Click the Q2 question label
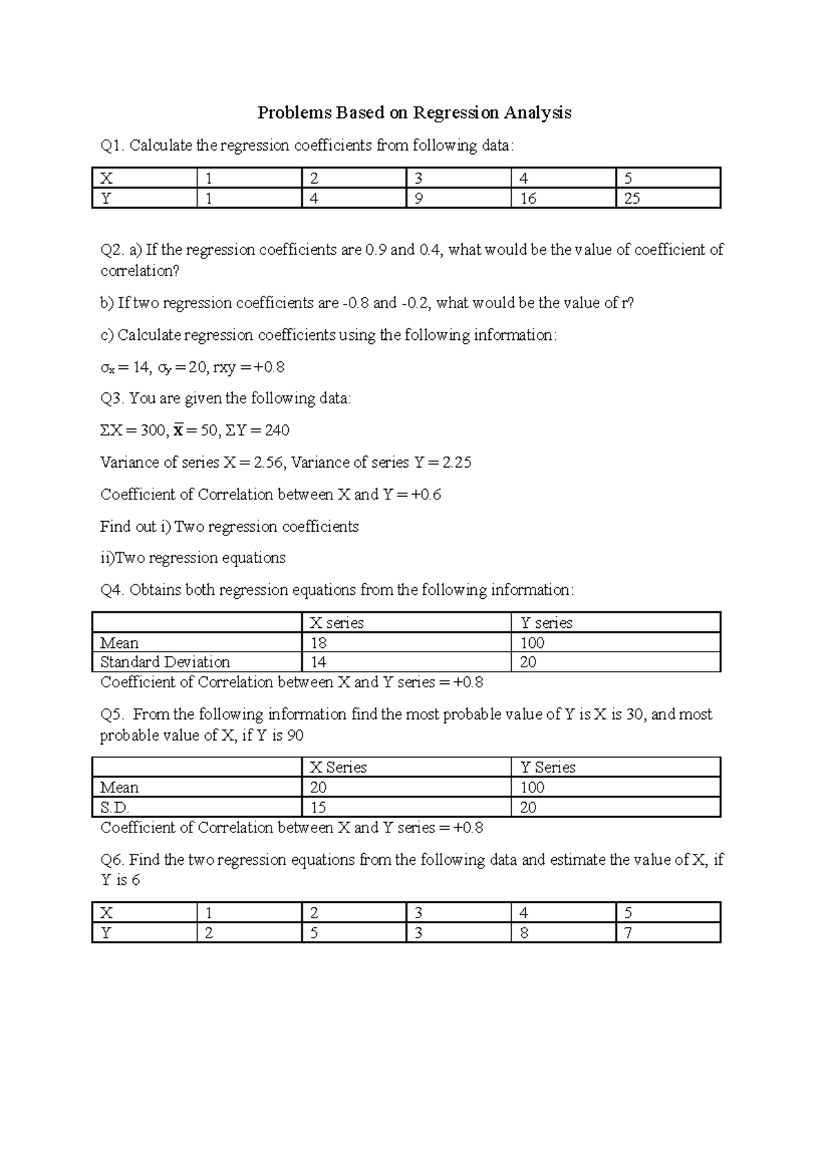click(x=113, y=250)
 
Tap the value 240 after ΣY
click(x=276, y=431)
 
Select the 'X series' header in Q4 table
click(x=336, y=623)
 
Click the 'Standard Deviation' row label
click(x=165, y=662)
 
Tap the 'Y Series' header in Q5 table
click(x=548, y=767)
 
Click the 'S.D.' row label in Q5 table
click(x=115, y=808)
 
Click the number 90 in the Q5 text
click(x=295, y=736)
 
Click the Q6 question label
click(x=113, y=861)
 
